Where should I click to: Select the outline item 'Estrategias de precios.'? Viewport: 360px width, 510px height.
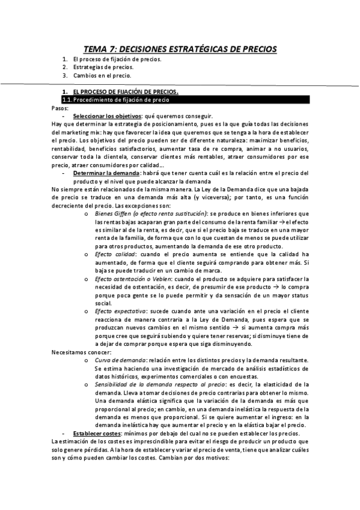click(x=98, y=67)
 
